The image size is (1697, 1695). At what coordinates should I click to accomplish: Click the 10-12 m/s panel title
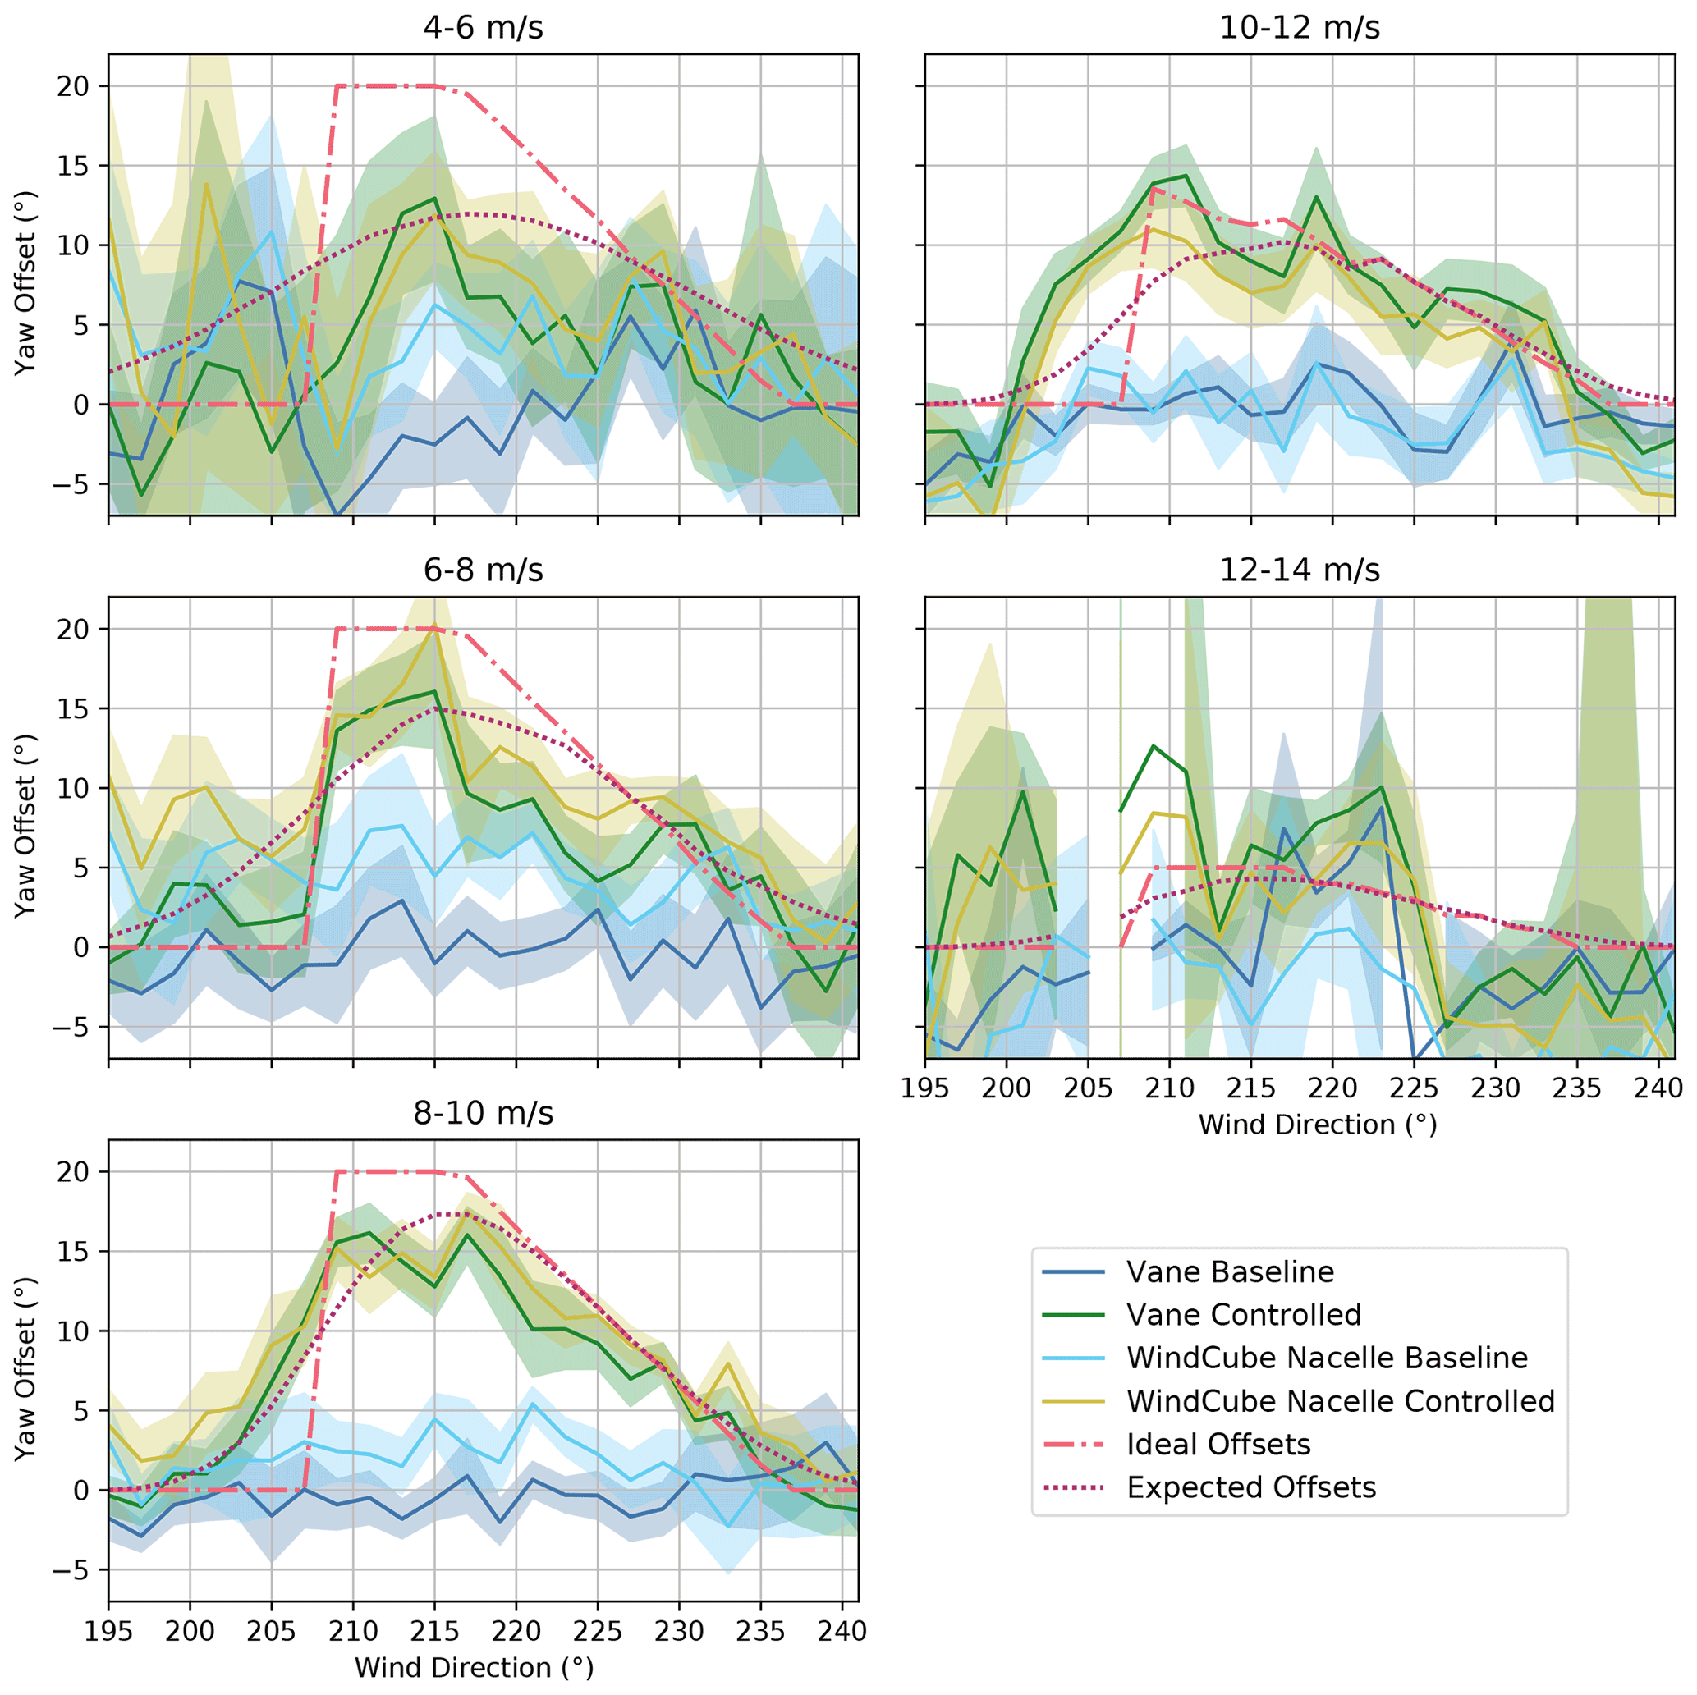[x=1299, y=28]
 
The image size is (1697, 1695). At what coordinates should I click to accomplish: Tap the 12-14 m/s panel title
[x=1299, y=570]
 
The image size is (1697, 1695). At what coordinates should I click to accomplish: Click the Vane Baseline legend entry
[x=1230, y=1271]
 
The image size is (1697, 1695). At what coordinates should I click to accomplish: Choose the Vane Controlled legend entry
[x=1243, y=1315]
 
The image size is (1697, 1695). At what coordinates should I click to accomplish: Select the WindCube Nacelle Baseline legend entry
[x=1327, y=1358]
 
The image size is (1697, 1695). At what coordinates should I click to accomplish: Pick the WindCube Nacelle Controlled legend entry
[x=1341, y=1401]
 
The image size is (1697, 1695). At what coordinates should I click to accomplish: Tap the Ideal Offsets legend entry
[x=1218, y=1444]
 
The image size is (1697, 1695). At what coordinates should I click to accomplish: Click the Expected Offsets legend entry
[x=1251, y=1487]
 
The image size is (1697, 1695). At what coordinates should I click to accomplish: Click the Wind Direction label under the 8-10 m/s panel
[x=475, y=1669]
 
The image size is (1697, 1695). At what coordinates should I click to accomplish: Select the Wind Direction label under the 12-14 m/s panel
[x=1317, y=1125]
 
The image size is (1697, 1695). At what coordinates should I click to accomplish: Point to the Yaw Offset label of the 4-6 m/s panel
[x=26, y=283]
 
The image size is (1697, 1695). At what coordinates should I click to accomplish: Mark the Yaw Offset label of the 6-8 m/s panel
[x=26, y=826]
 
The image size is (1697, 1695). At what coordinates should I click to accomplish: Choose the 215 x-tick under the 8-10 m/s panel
[x=434, y=1632]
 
